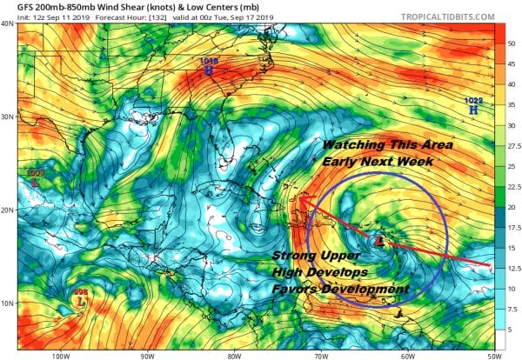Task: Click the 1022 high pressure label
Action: coord(473,102)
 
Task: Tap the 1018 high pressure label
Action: coord(209,62)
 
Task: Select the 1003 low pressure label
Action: coord(35,175)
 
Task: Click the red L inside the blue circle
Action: coord(377,240)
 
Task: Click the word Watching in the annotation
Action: coord(351,144)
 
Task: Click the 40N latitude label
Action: coord(8,23)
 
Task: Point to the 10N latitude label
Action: coord(8,303)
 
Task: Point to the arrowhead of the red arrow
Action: coord(300,199)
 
